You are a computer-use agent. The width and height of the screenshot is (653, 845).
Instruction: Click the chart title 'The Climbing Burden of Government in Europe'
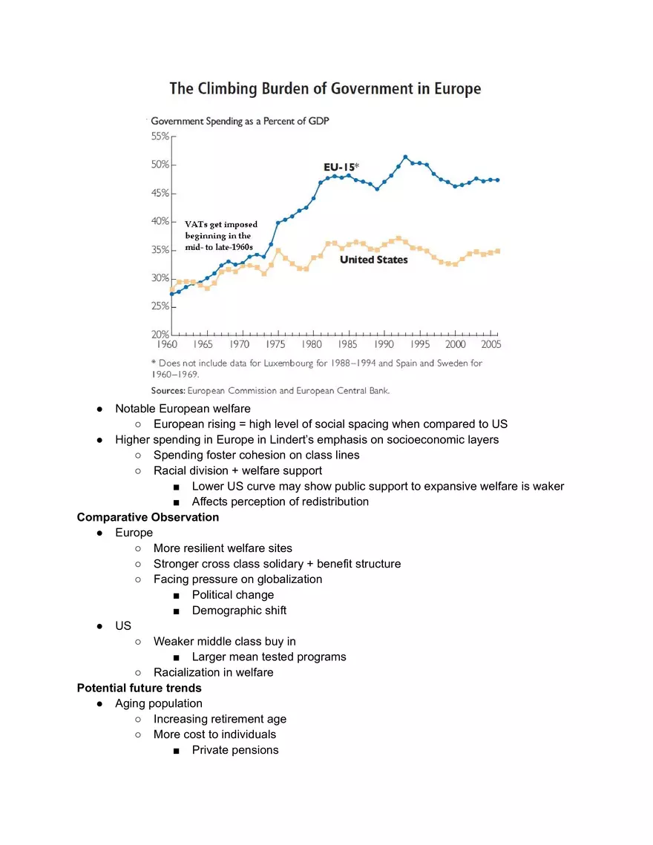(x=325, y=89)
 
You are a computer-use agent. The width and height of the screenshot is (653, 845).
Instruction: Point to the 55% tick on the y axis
(x=160, y=137)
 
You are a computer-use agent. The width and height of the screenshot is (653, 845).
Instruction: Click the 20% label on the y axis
(x=160, y=335)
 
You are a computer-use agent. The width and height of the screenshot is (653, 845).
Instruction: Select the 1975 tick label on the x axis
(x=275, y=345)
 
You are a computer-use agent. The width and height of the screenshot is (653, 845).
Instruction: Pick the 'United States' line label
(x=373, y=260)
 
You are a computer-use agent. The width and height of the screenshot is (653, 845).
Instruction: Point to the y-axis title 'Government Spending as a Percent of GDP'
(x=240, y=121)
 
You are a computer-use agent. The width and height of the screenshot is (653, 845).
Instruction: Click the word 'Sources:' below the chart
(x=168, y=389)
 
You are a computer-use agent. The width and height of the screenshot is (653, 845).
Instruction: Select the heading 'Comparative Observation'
(x=148, y=517)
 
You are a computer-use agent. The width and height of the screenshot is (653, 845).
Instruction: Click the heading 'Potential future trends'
(x=139, y=688)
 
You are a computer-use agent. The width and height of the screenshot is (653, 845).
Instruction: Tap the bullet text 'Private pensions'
(x=235, y=750)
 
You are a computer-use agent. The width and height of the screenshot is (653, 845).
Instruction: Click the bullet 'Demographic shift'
(x=239, y=611)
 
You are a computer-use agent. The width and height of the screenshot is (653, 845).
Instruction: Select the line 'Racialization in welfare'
(x=213, y=672)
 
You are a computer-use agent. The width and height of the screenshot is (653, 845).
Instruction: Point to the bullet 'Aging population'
(x=158, y=703)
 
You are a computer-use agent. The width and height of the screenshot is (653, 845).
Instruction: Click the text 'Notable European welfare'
(x=183, y=409)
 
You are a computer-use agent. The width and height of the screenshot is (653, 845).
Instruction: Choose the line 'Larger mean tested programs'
(x=269, y=657)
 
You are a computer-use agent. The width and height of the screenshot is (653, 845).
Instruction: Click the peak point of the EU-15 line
(x=405, y=157)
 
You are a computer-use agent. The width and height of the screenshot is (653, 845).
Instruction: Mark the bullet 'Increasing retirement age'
(x=220, y=719)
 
